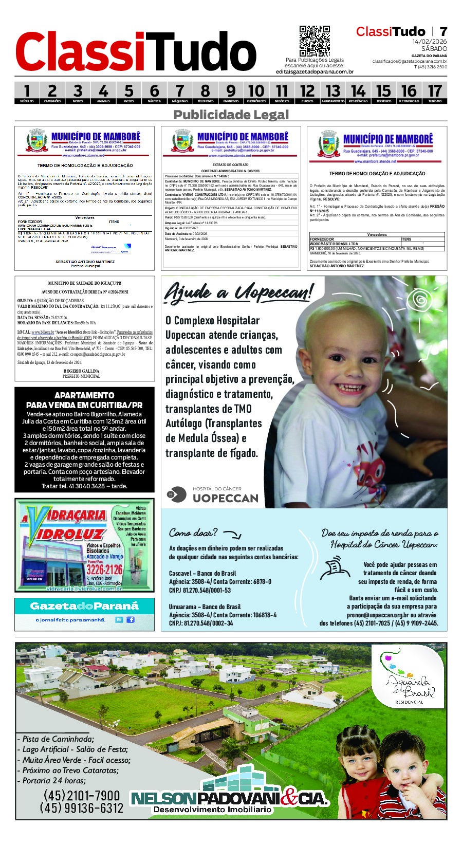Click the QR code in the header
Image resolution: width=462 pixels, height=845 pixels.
click(315, 41)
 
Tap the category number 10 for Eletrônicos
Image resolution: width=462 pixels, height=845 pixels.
click(256, 91)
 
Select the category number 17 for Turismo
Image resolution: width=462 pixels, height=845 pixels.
click(435, 91)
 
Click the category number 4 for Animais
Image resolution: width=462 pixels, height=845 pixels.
click(103, 91)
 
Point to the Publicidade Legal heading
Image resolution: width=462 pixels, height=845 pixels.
click(231, 115)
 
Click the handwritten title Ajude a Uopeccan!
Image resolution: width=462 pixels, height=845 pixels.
click(237, 293)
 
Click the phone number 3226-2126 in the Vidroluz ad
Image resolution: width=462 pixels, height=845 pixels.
click(104, 570)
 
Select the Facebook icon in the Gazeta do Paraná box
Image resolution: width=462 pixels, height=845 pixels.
click(131, 619)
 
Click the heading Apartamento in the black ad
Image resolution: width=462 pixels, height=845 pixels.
click(84, 395)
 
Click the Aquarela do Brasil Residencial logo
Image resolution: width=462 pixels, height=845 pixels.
click(409, 678)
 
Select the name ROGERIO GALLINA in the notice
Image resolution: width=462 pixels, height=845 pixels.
click(81, 371)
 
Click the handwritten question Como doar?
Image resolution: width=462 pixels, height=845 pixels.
click(193, 533)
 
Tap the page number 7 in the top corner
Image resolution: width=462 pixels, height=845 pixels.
click(443, 32)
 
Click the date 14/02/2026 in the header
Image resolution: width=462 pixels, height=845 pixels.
click(429, 42)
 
